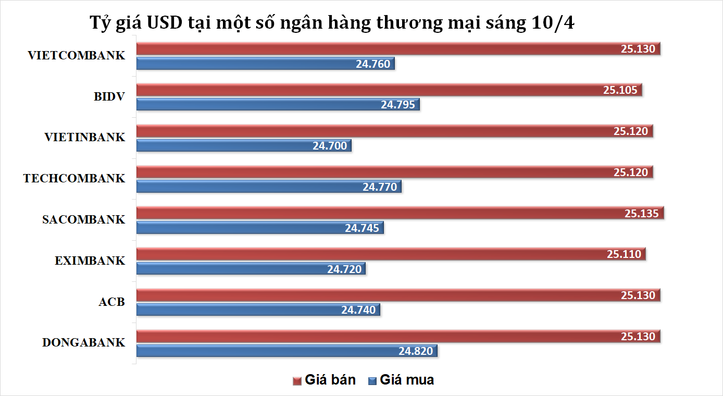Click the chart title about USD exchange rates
[x=332, y=24]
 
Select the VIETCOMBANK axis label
[x=77, y=56]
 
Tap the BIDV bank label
[x=110, y=96]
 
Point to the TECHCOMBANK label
[x=74, y=179]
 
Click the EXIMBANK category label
[x=90, y=261]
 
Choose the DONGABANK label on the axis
[x=84, y=343]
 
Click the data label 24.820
[x=416, y=351]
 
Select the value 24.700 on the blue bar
[x=330, y=146]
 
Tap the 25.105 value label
[x=620, y=90]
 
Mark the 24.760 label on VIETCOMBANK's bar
[x=373, y=64]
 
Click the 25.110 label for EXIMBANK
[x=624, y=254]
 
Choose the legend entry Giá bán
[x=325, y=380]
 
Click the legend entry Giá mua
[x=401, y=380]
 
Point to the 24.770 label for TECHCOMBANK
[x=380, y=187]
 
